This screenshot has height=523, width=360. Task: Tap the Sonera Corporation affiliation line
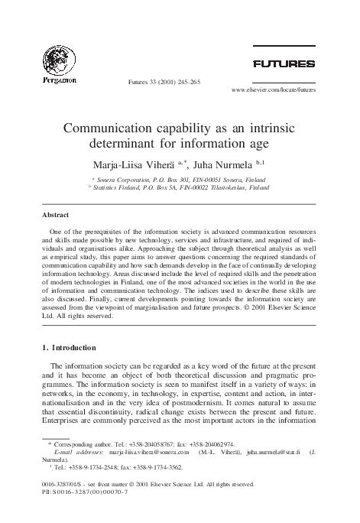coord(180,177)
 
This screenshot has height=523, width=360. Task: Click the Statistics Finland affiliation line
coord(180,186)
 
